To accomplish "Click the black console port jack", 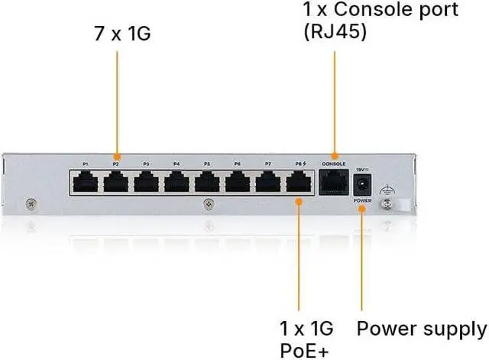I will pyautogui.click(x=334, y=183).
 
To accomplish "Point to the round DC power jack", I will pyautogui.click(x=362, y=183).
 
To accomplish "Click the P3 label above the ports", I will pyautogui.click(x=146, y=164).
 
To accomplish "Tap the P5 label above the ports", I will pyautogui.click(x=207, y=164).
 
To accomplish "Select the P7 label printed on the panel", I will pyautogui.click(x=267, y=164).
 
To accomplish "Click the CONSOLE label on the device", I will pyautogui.click(x=334, y=164).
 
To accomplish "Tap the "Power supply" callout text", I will pyautogui.click(x=422, y=329).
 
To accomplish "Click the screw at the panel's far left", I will pyautogui.click(x=31, y=203).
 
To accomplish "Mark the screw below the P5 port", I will pyautogui.click(x=208, y=204).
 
